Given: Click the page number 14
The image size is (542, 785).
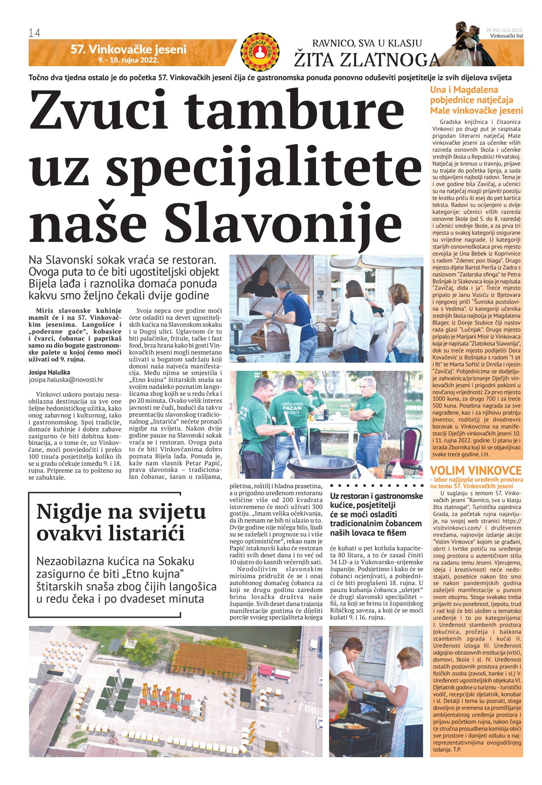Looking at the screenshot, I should pyautogui.click(x=34, y=33).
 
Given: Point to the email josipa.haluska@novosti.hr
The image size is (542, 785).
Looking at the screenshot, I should pyautogui.click(x=66, y=379).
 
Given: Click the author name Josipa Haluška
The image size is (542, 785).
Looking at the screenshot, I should pyautogui.click(x=49, y=372).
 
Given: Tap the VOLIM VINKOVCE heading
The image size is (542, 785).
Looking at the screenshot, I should pyautogui.click(x=476, y=470).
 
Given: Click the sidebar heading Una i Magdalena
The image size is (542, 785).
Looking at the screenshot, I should pyautogui.click(x=464, y=90).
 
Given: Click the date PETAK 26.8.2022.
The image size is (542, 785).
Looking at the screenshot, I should pyautogui.click(x=504, y=30).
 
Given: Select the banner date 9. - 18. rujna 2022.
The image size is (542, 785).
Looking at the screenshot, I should pyautogui.click(x=128, y=60).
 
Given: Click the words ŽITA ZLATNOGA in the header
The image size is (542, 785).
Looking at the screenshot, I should pyautogui.click(x=366, y=60).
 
